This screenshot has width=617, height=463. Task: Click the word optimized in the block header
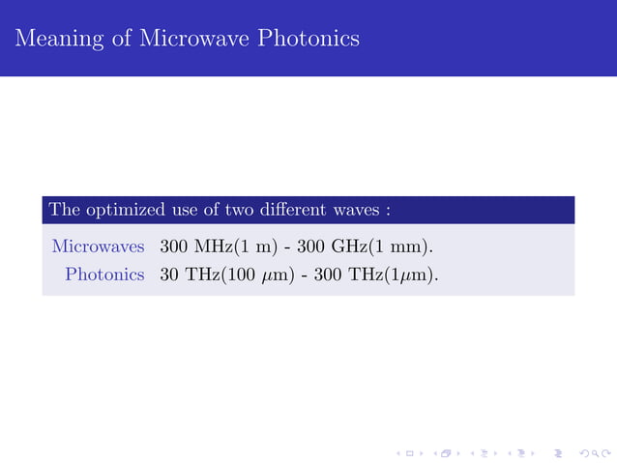coord(118,210)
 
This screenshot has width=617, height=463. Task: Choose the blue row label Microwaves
coord(98,246)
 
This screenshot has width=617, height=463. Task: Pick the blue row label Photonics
coord(104,275)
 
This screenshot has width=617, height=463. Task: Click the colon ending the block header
coord(387,211)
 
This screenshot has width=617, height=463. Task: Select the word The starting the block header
coord(63,210)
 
